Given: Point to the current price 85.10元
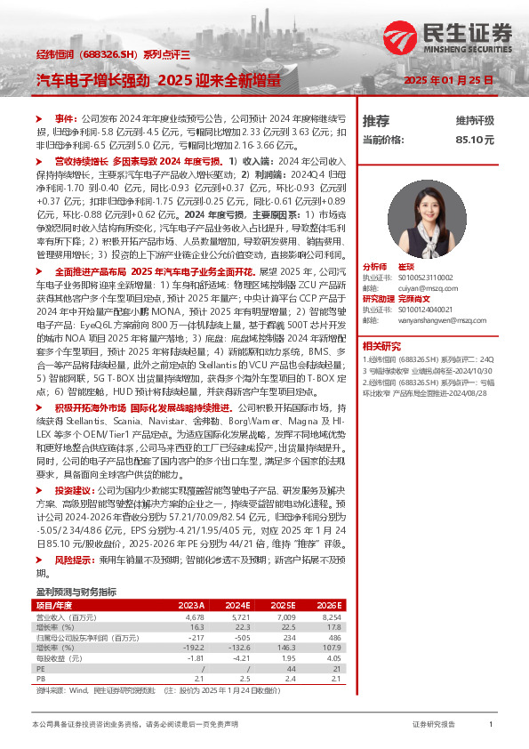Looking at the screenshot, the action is point(475,140).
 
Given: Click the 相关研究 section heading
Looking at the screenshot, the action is point(382,345).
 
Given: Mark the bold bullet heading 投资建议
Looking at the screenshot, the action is point(74,490).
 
